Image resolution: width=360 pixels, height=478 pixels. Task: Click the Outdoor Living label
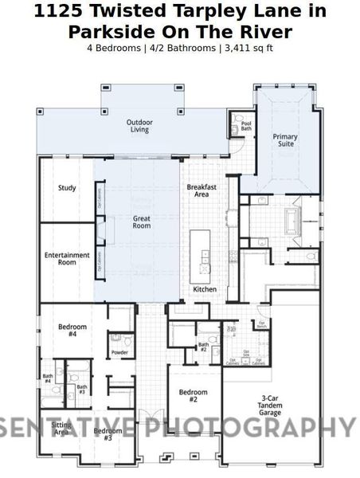coord(139,126)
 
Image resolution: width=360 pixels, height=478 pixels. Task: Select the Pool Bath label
coord(246,126)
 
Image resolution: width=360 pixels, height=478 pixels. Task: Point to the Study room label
coord(67,189)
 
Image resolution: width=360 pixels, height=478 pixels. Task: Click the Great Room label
coord(141,221)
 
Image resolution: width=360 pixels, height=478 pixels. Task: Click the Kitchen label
coord(204,289)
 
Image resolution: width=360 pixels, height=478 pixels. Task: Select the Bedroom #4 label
coord(72,331)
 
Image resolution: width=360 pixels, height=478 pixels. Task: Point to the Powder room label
coord(119,352)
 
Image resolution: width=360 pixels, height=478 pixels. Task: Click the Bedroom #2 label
coord(193,396)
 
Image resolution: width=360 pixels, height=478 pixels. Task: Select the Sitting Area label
coord(60,429)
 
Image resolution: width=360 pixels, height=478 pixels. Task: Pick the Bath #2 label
coord(203,347)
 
